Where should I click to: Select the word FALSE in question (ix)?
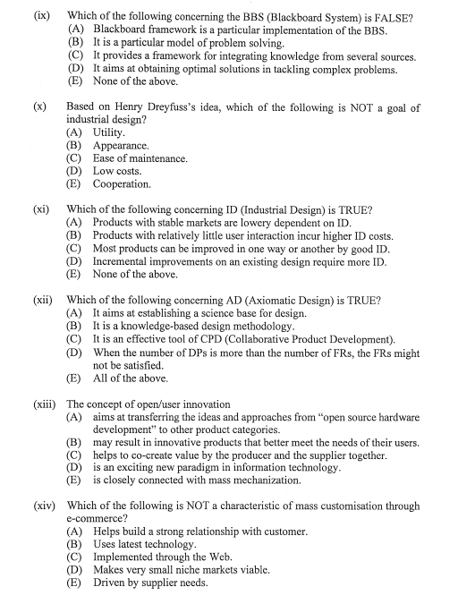[x=392, y=16]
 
